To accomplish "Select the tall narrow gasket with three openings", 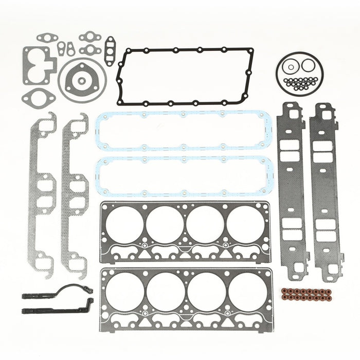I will [x=109, y=51].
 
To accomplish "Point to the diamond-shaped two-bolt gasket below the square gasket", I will [x=38, y=98].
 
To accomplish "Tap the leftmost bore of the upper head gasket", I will [x=124, y=224].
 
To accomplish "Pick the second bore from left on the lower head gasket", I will [x=166, y=292].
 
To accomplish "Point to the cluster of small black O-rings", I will [x=301, y=83].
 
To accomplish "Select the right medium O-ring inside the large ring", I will [x=308, y=65].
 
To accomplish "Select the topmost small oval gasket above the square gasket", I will [x=47, y=38].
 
